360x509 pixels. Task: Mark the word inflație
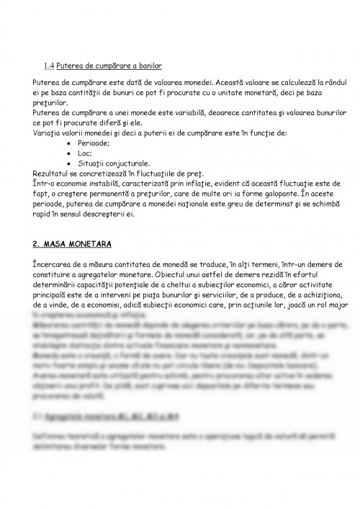tap(204, 184)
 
